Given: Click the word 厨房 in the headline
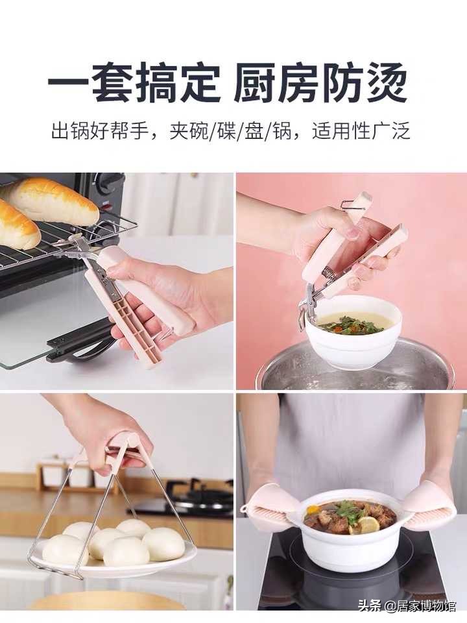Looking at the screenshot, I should [277, 83].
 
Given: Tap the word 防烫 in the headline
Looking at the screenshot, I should [366, 83].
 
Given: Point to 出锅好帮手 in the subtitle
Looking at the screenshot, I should [102, 131].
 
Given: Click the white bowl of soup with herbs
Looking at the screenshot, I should [353, 331].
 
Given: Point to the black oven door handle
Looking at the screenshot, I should [78, 341].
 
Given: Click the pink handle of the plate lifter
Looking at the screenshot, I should [120, 448].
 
